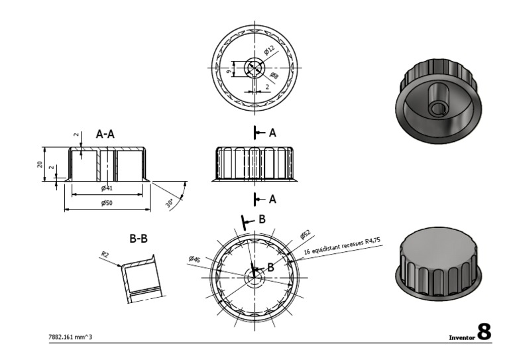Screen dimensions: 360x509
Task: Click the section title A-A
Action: coord(106,134)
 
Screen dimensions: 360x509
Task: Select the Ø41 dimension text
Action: coord(107,188)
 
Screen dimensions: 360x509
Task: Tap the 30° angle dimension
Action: coord(171,202)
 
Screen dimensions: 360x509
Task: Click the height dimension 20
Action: coord(40,164)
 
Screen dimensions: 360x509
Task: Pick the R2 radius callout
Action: coord(105,255)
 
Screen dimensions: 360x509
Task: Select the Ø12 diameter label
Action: coord(269,52)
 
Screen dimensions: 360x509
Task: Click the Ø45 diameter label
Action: coord(194,259)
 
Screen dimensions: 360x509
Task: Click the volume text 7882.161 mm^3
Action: coord(71,337)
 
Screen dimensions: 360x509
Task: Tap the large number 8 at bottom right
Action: coord(484,331)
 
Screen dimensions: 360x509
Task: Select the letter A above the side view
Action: coord(272,133)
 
